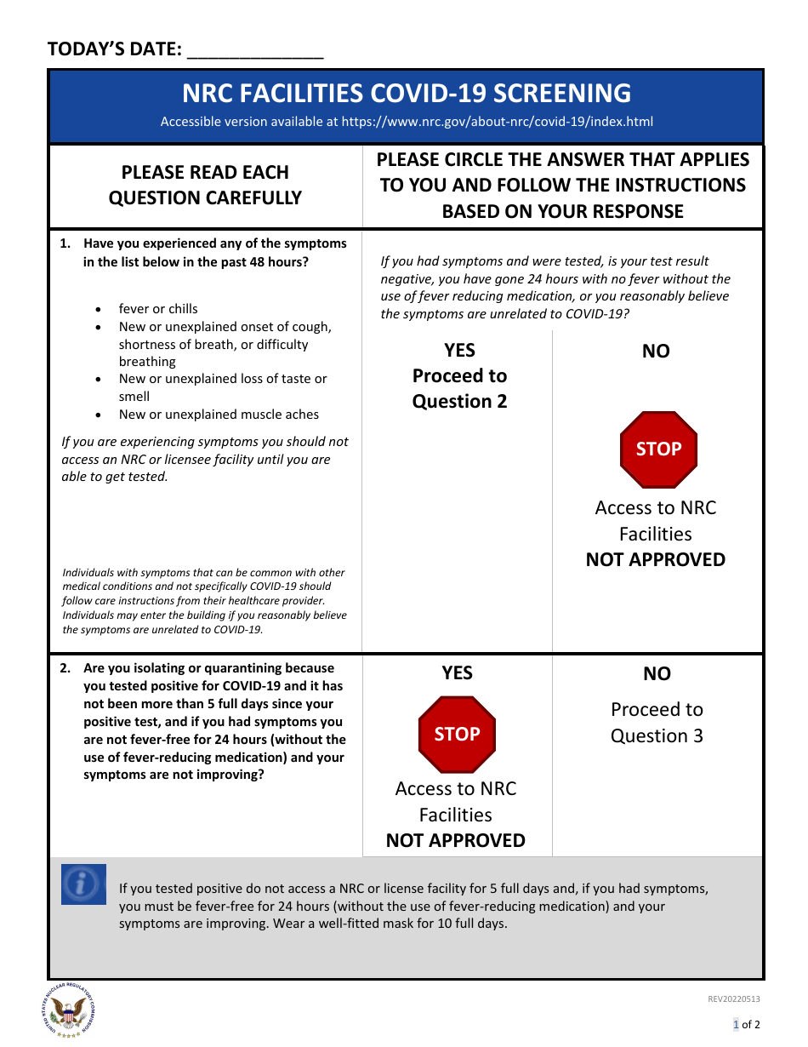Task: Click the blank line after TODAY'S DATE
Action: click(254, 51)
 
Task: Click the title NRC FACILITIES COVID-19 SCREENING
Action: click(407, 93)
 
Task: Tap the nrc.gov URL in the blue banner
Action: click(498, 122)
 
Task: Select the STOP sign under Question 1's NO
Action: click(658, 449)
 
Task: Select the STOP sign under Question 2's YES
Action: click(457, 734)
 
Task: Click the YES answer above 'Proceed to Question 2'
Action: click(459, 351)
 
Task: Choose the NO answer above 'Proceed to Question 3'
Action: click(657, 674)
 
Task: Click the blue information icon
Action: click(83, 884)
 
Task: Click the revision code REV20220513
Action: click(734, 999)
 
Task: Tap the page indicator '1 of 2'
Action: click(746, 1025)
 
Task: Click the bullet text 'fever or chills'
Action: click(158, 309)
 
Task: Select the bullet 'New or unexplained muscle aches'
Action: click(219, 415)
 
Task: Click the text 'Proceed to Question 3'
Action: click(657, 723)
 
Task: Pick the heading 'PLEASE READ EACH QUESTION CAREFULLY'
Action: click(205, 185)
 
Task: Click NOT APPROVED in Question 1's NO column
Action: click(656, 560)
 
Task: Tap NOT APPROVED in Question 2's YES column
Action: click(456, 841)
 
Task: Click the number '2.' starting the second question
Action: click(65, 668)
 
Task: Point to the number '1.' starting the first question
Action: click(65, 243)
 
